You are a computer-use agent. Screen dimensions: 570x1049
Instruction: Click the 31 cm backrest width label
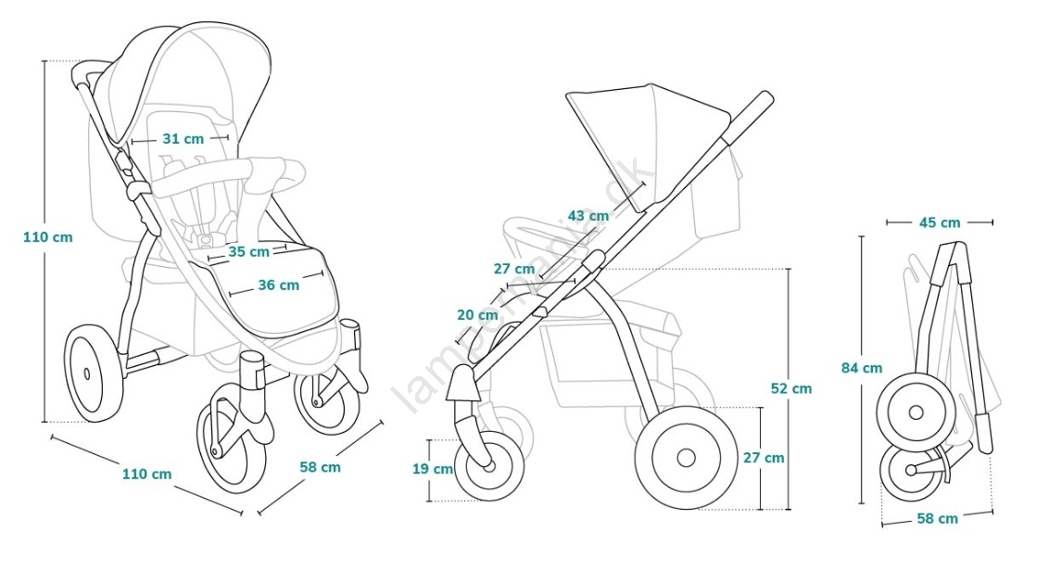click(x=182, y=139)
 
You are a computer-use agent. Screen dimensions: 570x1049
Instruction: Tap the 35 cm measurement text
click(x=248, y=251)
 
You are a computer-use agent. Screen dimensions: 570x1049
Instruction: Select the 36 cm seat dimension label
click(x=278, y=285)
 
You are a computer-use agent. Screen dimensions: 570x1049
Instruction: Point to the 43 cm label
click(x=588, y=216)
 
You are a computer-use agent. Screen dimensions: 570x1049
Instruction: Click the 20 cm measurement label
click(x=477, y=315)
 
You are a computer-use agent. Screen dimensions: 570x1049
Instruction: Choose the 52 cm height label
click(x=790, y=388)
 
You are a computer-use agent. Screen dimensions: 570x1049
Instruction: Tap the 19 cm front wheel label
click(x=433, y=469)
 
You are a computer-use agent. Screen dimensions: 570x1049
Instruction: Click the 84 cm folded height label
click(x=861, y=368)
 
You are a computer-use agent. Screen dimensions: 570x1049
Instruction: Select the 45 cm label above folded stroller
click(x=939, y=222)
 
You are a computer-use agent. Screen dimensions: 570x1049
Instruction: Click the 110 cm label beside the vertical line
click(x=48, y=236)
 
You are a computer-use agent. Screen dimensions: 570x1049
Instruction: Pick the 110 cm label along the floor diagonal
click(x=147, y=474)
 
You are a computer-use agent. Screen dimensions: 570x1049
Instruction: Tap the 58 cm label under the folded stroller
click(x=937, y=518)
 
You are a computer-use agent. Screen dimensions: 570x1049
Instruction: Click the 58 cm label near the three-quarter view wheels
click(x=320, y=467)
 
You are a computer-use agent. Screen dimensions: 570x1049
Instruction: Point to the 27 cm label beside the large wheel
click(x=764, y=457)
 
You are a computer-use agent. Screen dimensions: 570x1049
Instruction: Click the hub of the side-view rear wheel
click(x=686, y=457)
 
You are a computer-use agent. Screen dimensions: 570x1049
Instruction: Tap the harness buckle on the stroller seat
click(x=202, y=238)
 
